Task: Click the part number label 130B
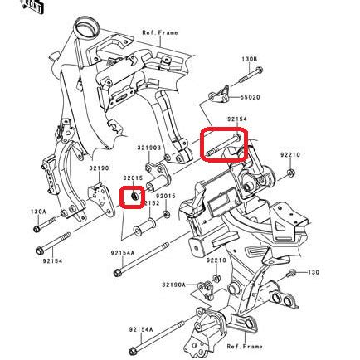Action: [249, 60]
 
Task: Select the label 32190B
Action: [149, 148]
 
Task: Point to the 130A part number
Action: [38, 211]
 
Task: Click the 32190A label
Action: [173, 285]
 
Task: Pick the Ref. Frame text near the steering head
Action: [159, 33]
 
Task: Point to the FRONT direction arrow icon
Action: [33, 7]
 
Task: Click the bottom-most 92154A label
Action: [139, 328]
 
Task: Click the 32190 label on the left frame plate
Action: [99, 168]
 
